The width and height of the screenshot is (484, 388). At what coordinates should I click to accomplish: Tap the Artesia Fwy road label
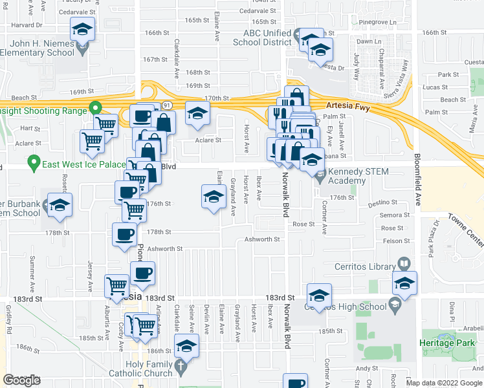tap(348, 107)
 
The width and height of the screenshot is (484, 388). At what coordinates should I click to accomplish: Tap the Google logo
tap(21, 380)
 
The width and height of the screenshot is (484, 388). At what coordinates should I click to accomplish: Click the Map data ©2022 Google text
tap(444, 383)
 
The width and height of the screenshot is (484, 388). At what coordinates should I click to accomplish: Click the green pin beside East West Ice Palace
tap(34, 161)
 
